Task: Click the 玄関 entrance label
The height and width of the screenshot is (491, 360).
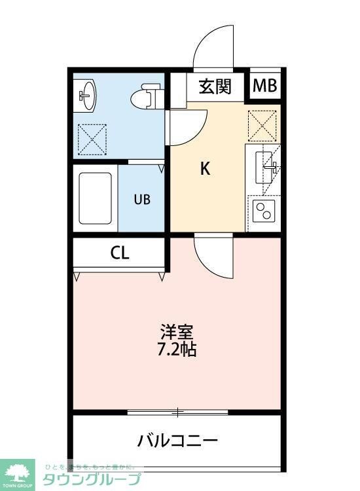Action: point(215,86)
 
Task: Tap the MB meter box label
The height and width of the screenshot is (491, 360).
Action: point(265,86)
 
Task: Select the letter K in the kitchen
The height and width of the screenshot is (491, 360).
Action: point(204,169)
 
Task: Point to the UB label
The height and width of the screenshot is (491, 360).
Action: point(142,200)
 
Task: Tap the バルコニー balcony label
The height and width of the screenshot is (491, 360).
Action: point(177,439)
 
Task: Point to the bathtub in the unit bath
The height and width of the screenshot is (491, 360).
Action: point(95,198)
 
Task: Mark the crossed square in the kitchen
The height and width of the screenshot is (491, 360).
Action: point(262,126)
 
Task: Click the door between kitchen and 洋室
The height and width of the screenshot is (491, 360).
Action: point(213,259)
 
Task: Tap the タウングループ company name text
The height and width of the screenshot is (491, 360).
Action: point(92,479)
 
